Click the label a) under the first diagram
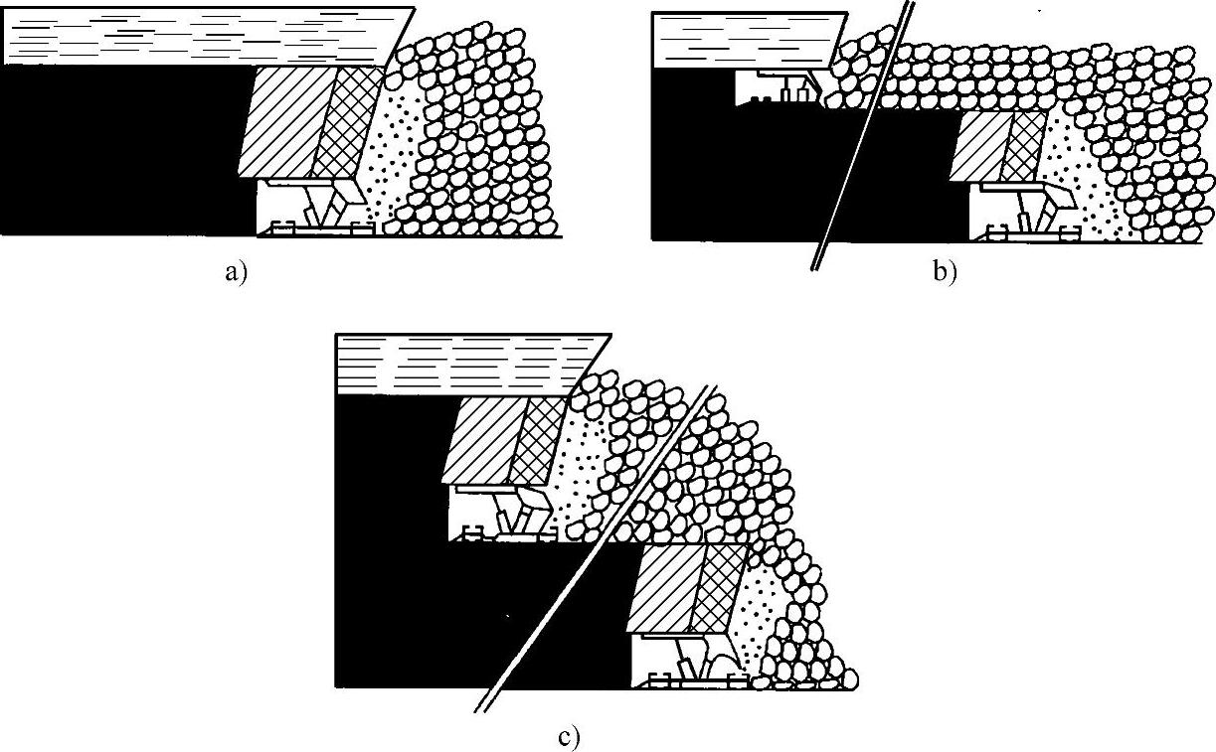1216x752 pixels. pyautogui.click(x=235, y=274)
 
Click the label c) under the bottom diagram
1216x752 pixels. pyautogui.click(x=568, y=739)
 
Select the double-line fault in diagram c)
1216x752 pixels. pyautogui.click(x=597, y=546)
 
